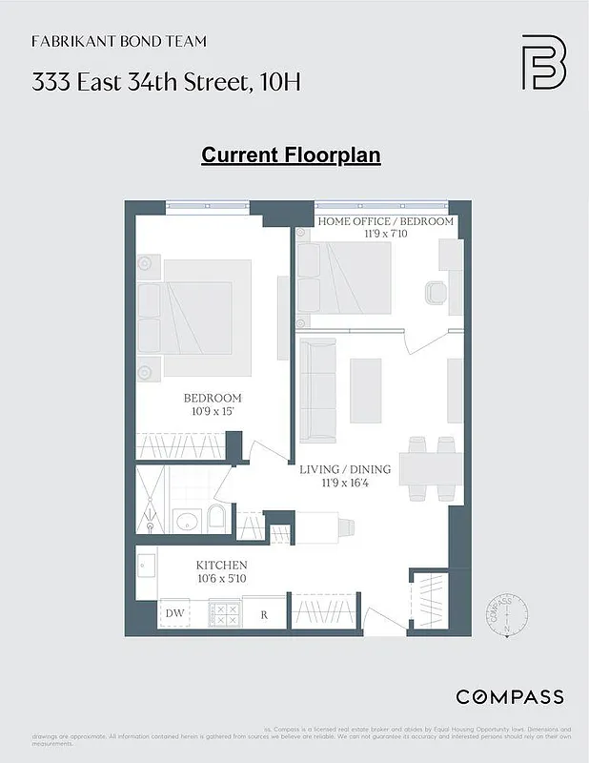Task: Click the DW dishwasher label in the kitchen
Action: click(174, 613)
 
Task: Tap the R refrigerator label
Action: click(264, 614)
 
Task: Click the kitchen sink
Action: click(145, 567)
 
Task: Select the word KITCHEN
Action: click(222, 566)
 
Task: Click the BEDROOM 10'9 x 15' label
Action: click(213, 404)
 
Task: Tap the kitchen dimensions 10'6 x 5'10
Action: click(222, 579)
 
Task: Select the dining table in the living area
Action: click(432, 468)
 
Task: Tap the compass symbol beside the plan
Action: click(507, 614)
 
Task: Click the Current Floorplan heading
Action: click(291, 155)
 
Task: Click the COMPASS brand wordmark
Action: click(509, 696)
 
